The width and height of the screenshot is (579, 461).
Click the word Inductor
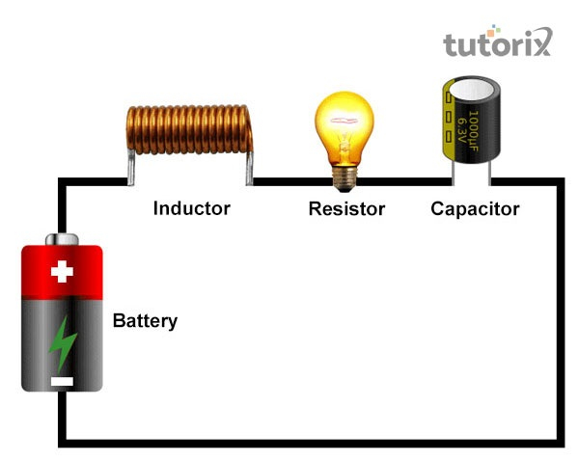[191, 207]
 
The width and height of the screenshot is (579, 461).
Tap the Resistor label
[346, 208]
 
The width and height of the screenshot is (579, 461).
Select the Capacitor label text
[475, 208]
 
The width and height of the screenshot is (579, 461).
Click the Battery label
[145, 321]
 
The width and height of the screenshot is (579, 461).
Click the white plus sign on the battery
[62, 272]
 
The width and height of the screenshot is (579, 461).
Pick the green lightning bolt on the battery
[63, 342]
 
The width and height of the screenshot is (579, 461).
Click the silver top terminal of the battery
[63, 238]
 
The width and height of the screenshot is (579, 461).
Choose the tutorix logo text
[496, 42]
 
